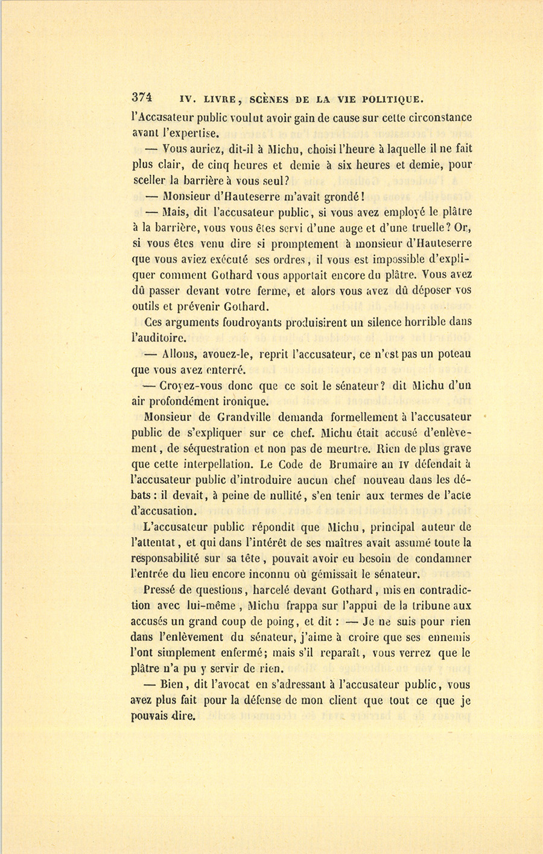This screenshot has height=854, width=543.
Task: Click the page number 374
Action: (x=142, y=99)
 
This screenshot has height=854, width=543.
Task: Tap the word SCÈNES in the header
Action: (x=271, y=99)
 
